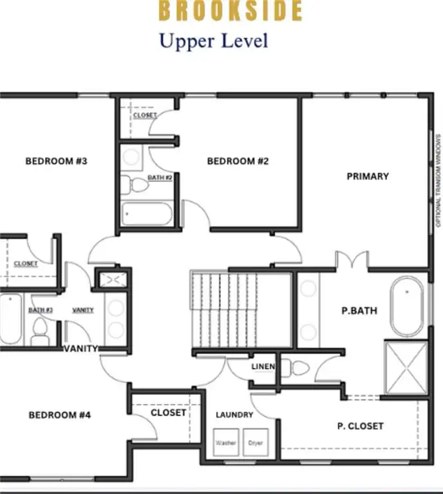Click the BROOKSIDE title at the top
(x=230, y=11)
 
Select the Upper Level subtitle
(x=213, y=41)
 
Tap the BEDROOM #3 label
(x=56, y=161)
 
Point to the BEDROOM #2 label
(x=237, y=161)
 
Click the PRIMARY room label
(x=368, y=176)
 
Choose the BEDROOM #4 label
(x=60, y=416)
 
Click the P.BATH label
(x=359, y=311)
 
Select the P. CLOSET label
(x=361, y=426)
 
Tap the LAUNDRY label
(x=234, y=415)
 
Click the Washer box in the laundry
(x=225, y=443)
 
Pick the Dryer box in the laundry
(x=256, y=443)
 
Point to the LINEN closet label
(x=263, y=367)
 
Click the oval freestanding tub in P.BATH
(x=407, y=306)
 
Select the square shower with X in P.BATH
(x=405, y=367)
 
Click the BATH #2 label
(x=160, y=178)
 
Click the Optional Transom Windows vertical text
(x=438, y=180)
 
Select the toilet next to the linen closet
(x=298, y=369)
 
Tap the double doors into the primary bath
(x=352, y=261)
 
